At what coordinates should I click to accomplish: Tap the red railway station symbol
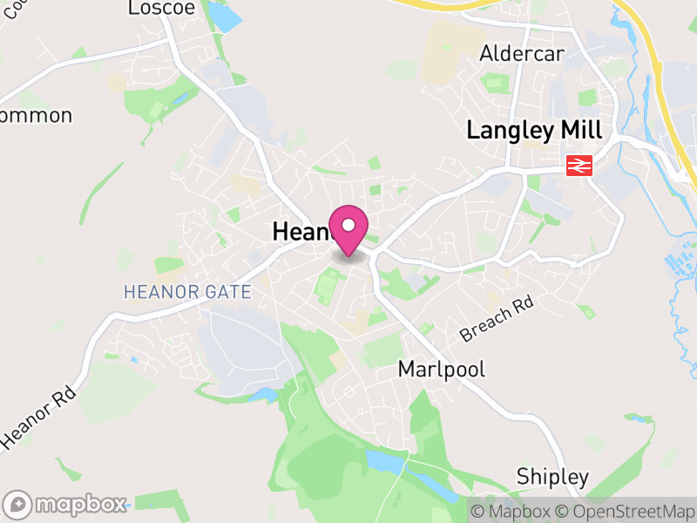coord(579,165)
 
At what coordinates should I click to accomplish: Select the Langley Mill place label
coord(534,131)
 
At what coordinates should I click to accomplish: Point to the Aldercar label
coord(522,54)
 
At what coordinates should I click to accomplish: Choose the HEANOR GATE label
coord(187,292)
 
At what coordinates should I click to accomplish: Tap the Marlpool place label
coord(442,369)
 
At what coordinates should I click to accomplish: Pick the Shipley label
coord(552,477)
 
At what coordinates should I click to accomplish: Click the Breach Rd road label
coord(496,320)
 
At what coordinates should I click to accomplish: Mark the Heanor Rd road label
coord(38,417)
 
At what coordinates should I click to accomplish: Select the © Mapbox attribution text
coord(511,512)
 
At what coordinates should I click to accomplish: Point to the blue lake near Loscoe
coord(224,17)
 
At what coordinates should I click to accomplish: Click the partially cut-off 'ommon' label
coord(36,115)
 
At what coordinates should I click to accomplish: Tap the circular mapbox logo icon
coord(18,504)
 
